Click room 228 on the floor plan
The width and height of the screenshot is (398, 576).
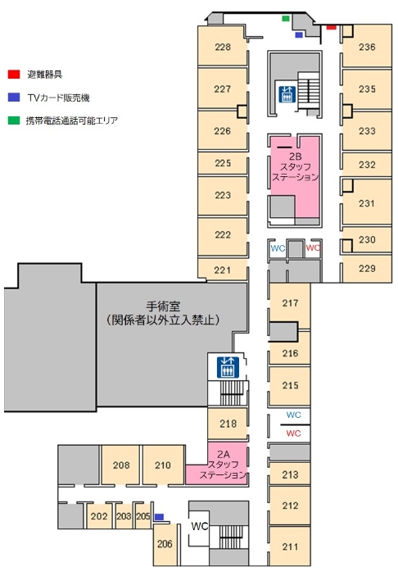pos(223,46)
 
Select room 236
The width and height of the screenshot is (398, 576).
pos(367,46)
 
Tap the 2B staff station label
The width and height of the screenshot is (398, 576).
pos(295,167)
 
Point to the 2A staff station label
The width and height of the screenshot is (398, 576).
pos(223,465)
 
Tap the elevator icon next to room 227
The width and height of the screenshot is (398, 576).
pos(287,94)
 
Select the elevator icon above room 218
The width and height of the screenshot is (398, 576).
pos(228,367)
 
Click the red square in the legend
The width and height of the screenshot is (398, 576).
pos(14,75)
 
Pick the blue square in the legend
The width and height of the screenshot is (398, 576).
pos(14,98)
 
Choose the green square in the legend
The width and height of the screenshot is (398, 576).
pos(14,120)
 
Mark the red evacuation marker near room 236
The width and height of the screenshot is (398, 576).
pos(331,27)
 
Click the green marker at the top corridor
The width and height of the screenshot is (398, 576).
pos(286,18)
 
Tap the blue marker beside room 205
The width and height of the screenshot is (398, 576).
pos(159,517)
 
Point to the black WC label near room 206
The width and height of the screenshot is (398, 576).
pos(199,526)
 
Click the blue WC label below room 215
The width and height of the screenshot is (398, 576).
pos(293,415)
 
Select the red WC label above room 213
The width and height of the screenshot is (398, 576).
pos(293,433)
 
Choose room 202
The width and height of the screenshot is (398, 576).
pos(99,516)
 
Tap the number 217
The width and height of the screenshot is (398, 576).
pos(290,303)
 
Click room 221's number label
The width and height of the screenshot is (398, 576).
pos(223,270)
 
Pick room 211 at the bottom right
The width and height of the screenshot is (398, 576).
pos(290,547)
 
